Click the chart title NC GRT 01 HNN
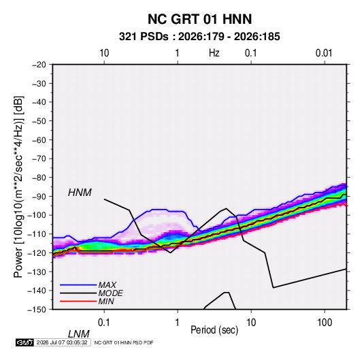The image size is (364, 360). (x=199, y=19)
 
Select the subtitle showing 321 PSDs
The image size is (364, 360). (x=199, y=37)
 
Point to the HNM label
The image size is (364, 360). (x=80, y=193)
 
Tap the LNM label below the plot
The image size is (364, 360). (x=79, y=334)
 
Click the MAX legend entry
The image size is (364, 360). (x=107, y=284)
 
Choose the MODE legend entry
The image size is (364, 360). (x=110, y=293)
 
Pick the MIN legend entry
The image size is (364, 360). (x=106, y=301)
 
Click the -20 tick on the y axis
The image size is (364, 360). (x=39, y=65)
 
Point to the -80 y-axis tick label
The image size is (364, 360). (x=39, y=178)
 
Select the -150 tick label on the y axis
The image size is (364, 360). (x=37, y=310)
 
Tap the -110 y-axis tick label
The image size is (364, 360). (x=37, y=234)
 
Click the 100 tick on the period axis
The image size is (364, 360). (x=325, y=323)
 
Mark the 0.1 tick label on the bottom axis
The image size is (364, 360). (x=104, y=323)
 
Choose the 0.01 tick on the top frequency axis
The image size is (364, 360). (x=324, y=53)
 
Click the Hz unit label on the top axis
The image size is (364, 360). (x=214, y=53)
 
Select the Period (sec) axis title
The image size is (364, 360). (x=214, y=330)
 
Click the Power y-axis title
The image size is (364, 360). (x=18, y=187)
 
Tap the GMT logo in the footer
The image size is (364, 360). (x=24, y=342)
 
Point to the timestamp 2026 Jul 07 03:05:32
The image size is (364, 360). (x=62, y=342)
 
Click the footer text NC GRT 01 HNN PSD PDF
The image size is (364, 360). (x=124, y=342)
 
